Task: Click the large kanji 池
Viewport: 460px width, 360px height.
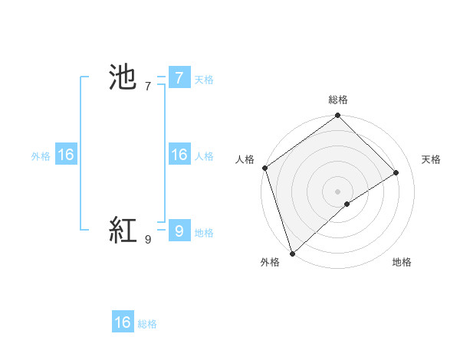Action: (x=123, y=77)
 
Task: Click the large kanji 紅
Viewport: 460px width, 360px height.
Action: (x=123, y=230)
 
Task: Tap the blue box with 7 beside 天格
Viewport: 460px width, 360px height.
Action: (x=179, y=77)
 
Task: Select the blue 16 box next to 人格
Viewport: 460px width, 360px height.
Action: (x=179, y=155)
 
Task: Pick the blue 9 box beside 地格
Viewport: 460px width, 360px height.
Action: (x=179, y=230)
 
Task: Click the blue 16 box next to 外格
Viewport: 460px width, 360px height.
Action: (x=66, y=155)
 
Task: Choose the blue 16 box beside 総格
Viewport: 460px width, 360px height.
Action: (x=123, y=322)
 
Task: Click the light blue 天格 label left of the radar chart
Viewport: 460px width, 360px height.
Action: (x=204, y=79)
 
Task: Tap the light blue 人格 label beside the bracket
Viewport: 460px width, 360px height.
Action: (x=204, y=156)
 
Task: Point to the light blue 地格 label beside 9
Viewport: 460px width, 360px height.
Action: (x=204, y=232)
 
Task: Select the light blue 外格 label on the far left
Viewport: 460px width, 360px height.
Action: (x=41, y=156)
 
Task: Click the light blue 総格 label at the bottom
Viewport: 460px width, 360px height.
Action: (x=147, y=325)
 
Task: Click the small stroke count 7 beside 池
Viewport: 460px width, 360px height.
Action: (x=147, y=87)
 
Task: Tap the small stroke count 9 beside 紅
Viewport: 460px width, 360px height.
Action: (x=147, y=240)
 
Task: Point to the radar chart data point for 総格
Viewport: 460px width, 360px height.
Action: (x=338, y=116)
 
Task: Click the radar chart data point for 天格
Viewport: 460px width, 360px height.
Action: (x=396, y=172)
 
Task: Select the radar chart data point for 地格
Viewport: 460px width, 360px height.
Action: (x=347, y=204)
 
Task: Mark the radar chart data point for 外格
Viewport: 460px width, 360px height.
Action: (x=292, y=253)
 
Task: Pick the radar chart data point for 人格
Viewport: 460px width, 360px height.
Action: (x=264, y=168)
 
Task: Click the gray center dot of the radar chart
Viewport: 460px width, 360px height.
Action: (x=338, y=191)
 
